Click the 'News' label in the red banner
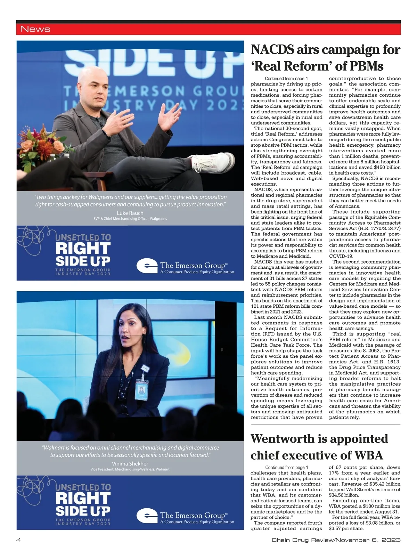[35, 29]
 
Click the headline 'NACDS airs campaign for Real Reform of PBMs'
[325, 58]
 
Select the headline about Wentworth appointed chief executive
[319, 447]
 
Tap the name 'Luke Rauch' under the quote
[130, 213]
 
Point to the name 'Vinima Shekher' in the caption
[130, 463]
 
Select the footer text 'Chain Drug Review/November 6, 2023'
[336, 540]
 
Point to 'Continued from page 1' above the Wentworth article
[286, 468]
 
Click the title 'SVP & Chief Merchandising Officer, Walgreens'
[130, 219]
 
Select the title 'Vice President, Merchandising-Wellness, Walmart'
[130, 469]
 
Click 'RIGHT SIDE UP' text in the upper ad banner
[83, 254]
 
